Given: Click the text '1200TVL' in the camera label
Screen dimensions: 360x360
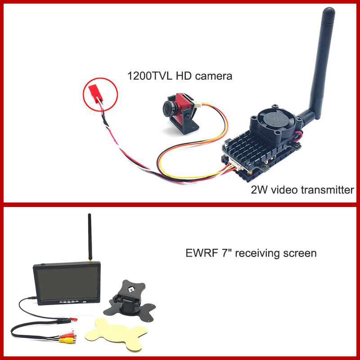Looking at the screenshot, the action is coord(149,76).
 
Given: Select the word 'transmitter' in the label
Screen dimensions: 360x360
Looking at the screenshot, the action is coord(327,190).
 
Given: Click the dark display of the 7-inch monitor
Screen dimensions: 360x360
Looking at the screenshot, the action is coord(67,283).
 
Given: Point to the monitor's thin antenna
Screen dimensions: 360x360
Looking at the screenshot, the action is coord(90,237).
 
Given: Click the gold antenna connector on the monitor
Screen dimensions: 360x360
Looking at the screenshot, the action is coord(90,261).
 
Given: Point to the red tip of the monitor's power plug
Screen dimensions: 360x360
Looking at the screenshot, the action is coord(74,319).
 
